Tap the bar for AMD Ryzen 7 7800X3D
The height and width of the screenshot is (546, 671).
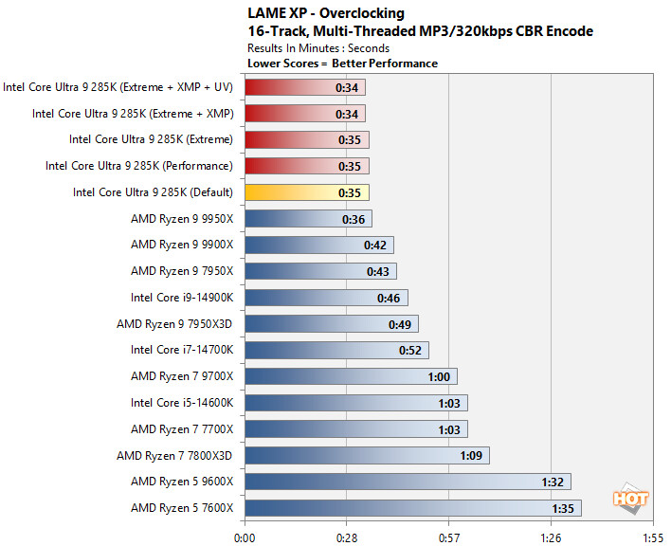(366, 455)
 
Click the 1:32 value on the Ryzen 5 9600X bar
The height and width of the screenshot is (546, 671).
(553, 482)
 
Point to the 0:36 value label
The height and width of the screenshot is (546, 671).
(354, 219)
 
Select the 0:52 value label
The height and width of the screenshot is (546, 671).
(410, 351)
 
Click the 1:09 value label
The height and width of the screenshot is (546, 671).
(471, 455)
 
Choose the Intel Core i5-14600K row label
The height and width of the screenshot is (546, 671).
(182, 403)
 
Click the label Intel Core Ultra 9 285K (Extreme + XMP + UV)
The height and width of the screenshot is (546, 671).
(118, 87)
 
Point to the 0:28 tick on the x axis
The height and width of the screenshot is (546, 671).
(346, 536)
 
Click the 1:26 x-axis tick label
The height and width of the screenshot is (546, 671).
(551, 536)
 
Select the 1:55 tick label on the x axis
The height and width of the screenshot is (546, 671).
(653, 536)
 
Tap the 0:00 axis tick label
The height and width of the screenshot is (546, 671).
(245, 536)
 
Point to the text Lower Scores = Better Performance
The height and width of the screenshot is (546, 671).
(341, 64)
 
